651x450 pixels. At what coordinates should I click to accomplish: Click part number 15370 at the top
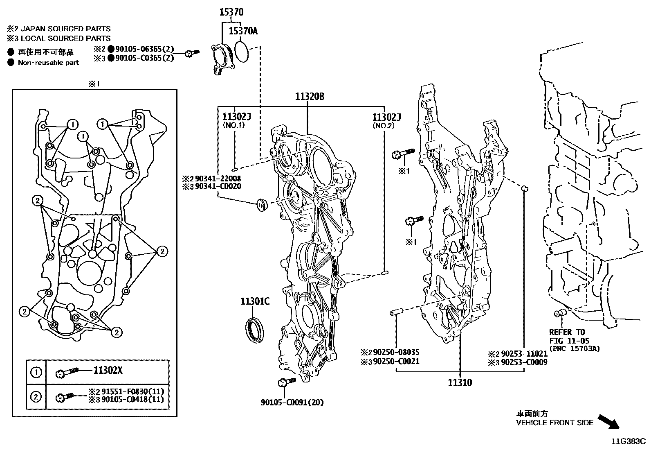click(231, 13)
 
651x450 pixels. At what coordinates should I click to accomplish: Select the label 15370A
click(243, 31)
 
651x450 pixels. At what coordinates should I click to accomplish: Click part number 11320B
click(310, 97)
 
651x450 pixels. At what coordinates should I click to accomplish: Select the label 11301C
click(255, 302)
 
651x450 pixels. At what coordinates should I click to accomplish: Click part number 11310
click(460, 382)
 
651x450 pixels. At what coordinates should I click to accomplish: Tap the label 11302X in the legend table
click(108, 371)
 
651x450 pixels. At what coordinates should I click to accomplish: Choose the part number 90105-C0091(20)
click(292, 403)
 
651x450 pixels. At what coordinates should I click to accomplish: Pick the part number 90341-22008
click(218, 179)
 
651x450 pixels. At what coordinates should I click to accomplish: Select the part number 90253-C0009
click(524, 362)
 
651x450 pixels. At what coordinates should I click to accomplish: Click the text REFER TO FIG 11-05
click(568, 336)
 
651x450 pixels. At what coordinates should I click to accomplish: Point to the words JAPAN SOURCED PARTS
click(65, 29)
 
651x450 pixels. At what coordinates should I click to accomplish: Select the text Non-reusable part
click(48, 63)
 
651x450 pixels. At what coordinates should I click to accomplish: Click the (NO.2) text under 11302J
click(383, 125)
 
